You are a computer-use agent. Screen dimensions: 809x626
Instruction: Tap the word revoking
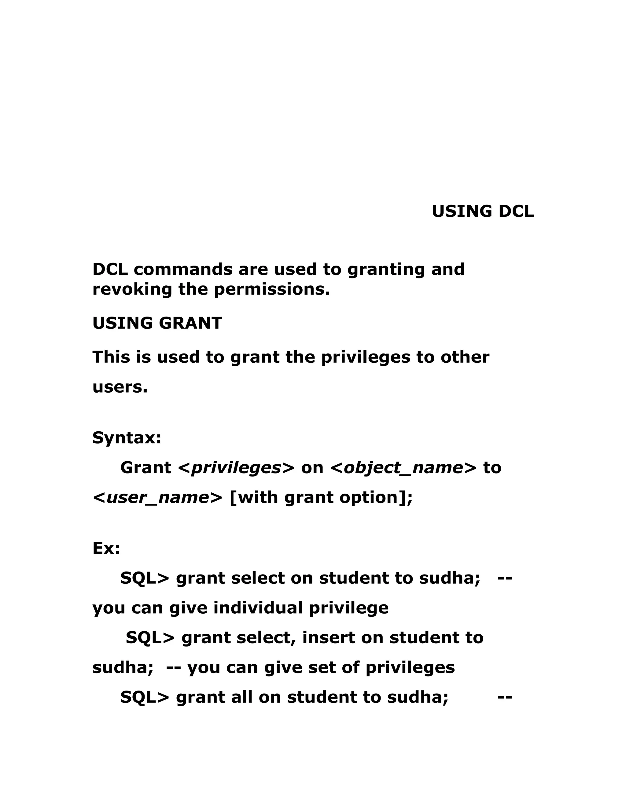(132, 289)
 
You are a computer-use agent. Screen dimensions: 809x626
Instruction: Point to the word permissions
(271, 289)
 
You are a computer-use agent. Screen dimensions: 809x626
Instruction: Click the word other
(465, 357)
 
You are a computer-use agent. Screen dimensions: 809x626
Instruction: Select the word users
(120, 387)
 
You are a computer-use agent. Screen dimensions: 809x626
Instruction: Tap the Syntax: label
(127, 438)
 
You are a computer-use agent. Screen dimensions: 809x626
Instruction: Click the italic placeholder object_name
(403, 468)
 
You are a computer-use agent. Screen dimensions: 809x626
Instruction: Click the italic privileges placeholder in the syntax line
(236, 468)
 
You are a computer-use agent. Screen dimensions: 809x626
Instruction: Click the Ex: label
(106, 548)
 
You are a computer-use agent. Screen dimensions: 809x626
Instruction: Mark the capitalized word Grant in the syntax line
(146, 468)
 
